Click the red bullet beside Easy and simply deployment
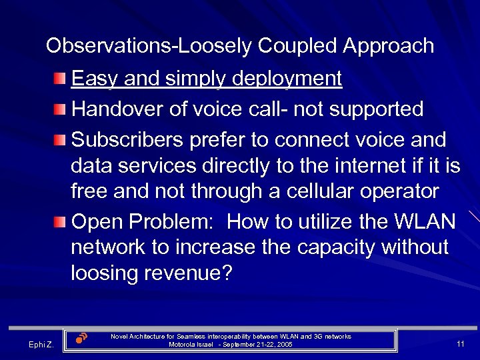pyautogui.click(x=61, y=80)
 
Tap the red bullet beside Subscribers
pyautogui.click(x=61, y=141)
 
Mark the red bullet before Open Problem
pyautogui.click(x=61, y=221)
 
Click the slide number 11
pyautogui.click(x=460, y=343)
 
